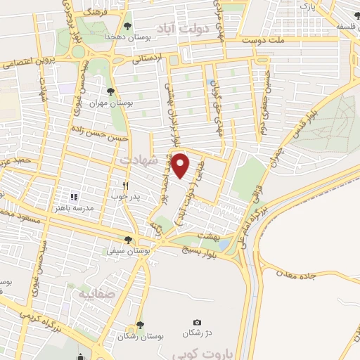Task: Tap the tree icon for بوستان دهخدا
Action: click(x=127, y=26)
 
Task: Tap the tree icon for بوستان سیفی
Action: click(x=127, y=239)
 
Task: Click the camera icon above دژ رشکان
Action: click(x=196, y=321)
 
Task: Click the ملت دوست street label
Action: click(x=262, y=41)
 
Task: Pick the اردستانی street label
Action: click(x=151, y=58)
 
